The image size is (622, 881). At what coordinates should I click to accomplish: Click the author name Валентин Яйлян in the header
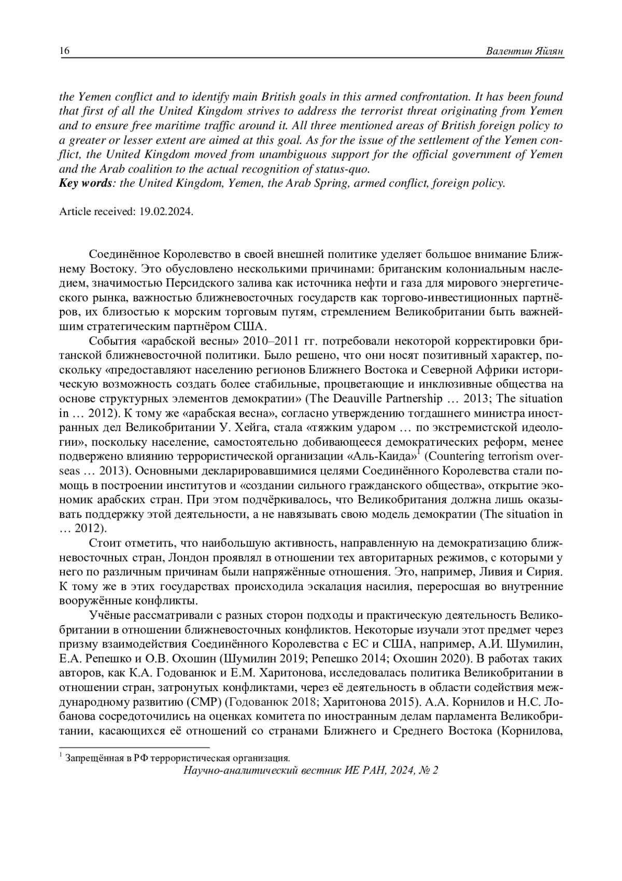[524, 51]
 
